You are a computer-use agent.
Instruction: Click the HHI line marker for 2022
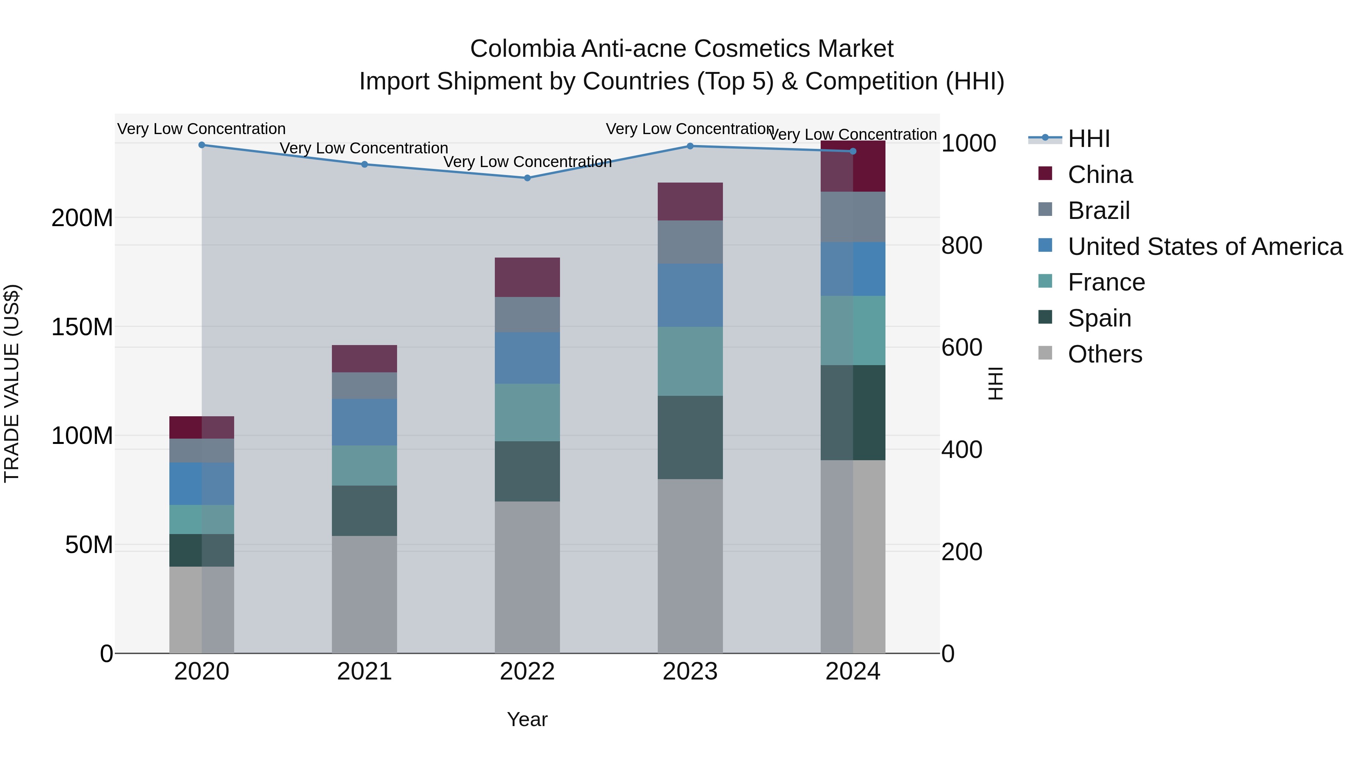pyautogui.click(x=527, y=178)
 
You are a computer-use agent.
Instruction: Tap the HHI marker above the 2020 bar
pyautogui.click(x=202, y=145)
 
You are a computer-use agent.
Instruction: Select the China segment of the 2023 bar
pyautogui.click(x=690, y=201)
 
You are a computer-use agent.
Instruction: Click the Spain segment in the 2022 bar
pyautogui.click(x=527, y=471)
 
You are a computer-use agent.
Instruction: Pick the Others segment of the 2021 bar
pyautogui.click(x=364, y=594)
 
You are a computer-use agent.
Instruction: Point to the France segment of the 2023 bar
pyautogui.click(x=690, y=361)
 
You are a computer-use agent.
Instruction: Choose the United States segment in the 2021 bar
pyautogui.click(x=364, y=422)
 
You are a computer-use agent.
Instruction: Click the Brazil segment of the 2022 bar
pyautogui.click(x=527, y=314)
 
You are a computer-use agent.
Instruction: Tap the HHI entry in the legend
pyautogui.click(x=1088, y=139)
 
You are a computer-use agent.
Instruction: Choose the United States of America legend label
pyautogui.click(x=1204, y=247)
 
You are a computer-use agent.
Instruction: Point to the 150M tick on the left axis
pyautogui.click(x=82, y=326)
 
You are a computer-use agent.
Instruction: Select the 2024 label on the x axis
pyautogui.click(x=852, y=672)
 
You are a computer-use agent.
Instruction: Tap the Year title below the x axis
pyautogui.click(x=527, y=719)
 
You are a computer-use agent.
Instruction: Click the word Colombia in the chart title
pyautogui.click(x=522, y=49)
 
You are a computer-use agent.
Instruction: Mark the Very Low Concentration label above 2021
pyautogui.click(x=364, y=148)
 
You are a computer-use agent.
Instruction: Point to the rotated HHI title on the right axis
pyautogui.click(x=995, y=383)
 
